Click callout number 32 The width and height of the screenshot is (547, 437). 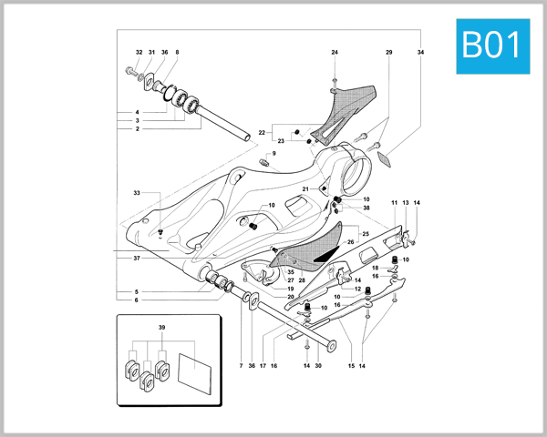click(139, 53)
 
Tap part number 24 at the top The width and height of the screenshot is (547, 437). click(335, 53)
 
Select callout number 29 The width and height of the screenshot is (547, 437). click(389, 53)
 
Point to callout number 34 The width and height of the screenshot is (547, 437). click(420, 53)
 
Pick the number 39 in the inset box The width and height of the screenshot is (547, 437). click(162, 326)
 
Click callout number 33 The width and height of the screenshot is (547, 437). click(136, 193)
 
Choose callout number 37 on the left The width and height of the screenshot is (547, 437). click(136, 259)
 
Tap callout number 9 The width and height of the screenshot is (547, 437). click(272, 154)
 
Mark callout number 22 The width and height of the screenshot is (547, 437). click(262, 133)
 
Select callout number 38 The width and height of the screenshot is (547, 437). click(366, 208)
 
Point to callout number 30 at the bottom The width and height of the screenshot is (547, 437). click(318, 366)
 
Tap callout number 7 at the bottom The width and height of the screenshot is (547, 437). click(241, 366)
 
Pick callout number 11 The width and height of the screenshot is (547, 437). click(395, 202)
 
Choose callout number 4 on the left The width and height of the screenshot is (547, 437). click(136, 112)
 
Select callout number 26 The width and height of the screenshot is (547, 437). click(350, 242)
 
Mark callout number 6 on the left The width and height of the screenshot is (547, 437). click(136, 300)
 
